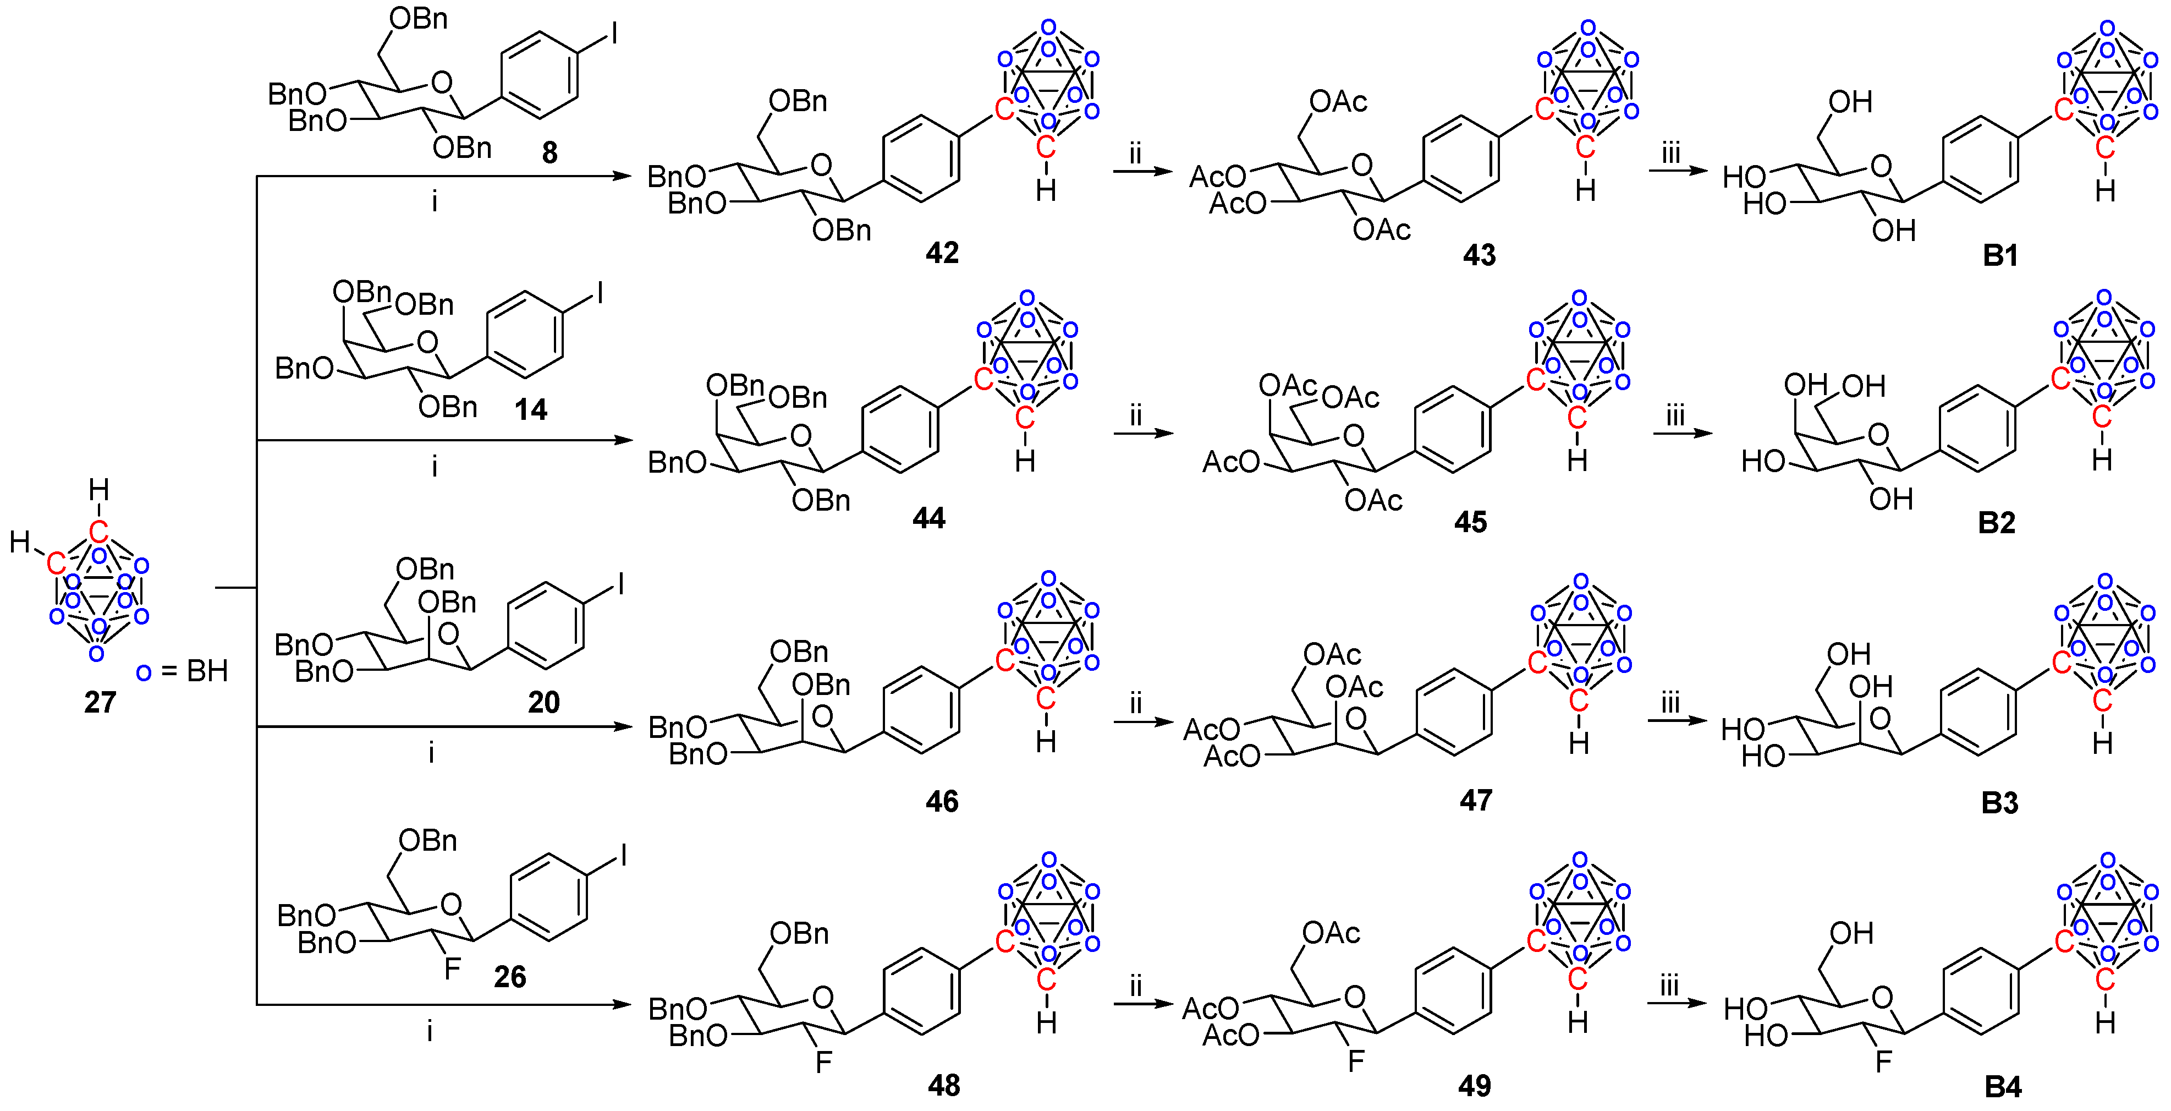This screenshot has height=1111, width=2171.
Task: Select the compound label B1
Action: coord(2000,255)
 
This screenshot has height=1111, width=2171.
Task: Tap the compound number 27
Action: coord(100,702)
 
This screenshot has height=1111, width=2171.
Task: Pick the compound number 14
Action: coord(531,409)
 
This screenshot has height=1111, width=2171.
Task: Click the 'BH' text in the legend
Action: coord(207,672)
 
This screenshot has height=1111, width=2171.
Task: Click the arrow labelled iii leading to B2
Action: coord(1682,433)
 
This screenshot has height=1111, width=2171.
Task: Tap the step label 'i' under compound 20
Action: coord(431,752)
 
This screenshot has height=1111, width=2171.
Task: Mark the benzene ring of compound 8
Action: coord(540,76)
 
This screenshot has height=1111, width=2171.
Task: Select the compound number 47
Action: coord(1476,801)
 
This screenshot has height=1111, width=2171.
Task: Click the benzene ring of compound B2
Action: coord(1977,429)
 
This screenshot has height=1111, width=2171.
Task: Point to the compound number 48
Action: coord(943,1086)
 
